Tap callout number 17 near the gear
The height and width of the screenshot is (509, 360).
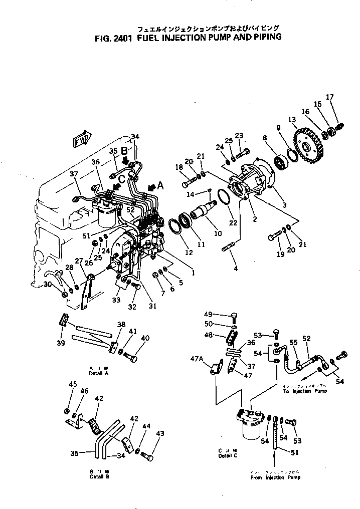[329, 97]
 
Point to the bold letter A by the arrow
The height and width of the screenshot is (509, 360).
[160, 185]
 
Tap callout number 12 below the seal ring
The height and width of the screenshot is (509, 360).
[189, 253]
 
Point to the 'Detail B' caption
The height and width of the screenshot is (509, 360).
[100, 476]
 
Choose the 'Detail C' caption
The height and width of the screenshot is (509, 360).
[225, 456]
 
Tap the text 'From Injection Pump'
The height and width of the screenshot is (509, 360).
[276, 477]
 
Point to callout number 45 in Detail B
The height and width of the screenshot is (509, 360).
[73, 384]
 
